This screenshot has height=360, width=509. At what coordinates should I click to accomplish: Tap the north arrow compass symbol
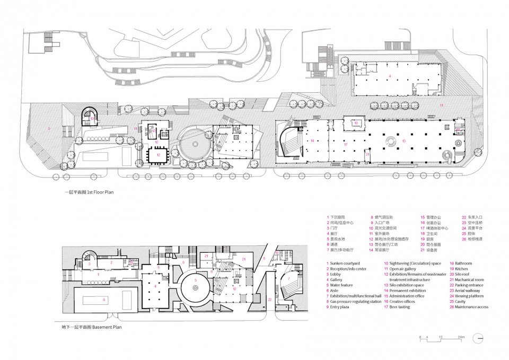(479, 337)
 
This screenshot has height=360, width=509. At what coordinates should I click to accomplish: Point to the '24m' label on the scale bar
(462, 337)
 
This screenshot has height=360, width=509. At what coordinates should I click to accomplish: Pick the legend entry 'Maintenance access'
(471, 307)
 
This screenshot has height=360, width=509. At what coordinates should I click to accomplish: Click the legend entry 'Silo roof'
(464, 274)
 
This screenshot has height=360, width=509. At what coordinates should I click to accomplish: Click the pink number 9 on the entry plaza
(49, 128)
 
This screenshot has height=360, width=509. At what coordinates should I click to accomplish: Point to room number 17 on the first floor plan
(345, 144)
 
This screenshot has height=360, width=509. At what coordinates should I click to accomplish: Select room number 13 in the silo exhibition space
(404, 141)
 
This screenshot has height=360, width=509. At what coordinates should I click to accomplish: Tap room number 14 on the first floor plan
(312, 141)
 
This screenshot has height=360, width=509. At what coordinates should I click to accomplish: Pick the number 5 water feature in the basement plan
(196, 279)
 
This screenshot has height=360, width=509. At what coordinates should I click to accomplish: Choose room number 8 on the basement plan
(104, 300)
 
